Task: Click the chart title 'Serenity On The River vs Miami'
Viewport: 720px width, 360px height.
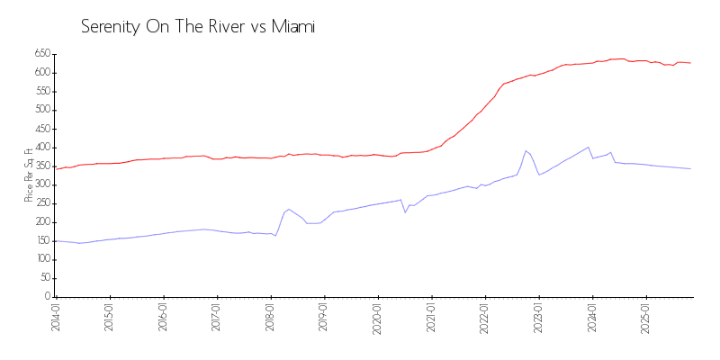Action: [198, 27]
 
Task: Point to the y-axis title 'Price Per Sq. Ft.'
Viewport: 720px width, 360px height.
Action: [30, 175]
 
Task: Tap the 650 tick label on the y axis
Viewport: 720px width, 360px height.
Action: [41, 54]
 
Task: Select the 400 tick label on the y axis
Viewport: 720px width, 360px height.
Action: [41, 148]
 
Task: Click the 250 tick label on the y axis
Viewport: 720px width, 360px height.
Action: [41, 203]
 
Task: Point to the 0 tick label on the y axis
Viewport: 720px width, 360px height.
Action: [48, 297]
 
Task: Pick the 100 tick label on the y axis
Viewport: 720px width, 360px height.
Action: [41, 259]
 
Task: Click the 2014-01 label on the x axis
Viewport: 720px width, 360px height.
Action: [56, 318]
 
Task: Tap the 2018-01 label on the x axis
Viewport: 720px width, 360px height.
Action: [271, 318]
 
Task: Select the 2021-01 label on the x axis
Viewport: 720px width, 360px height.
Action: [432, 318]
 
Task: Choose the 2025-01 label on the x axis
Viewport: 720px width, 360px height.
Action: [647, 318]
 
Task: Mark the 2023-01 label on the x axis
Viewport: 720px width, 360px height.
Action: [539, 318]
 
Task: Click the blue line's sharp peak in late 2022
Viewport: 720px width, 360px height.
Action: [526, 150]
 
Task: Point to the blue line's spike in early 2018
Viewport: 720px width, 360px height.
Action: [289, 209]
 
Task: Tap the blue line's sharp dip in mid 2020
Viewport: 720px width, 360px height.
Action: [405, 212]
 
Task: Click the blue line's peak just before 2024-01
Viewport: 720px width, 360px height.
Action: [588, 147]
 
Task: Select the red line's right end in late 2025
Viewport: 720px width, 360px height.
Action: [690, 63]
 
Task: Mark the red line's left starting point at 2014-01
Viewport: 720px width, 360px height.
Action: [56, 168]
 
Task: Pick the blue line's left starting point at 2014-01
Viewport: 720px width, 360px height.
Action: [56, 241]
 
